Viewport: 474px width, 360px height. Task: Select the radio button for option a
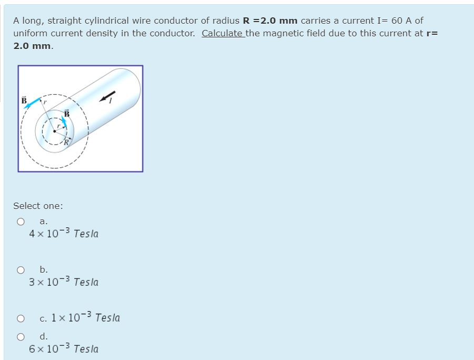point(21,222)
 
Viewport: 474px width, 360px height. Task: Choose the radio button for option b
point(21,270)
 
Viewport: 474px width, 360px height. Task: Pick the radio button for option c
point(21,318)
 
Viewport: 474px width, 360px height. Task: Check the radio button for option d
point(21,336)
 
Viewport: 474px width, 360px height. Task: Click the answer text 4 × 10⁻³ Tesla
point(64,233)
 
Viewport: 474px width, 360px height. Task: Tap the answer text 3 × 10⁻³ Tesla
point(64,282)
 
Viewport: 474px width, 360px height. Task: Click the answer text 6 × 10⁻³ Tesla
point(64,348)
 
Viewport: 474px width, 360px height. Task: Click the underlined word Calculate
point(222,33)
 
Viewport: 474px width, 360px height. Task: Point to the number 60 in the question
point(397,21)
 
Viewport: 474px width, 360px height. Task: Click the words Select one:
point(38,206)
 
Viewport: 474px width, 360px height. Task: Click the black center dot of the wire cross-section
point(54,131)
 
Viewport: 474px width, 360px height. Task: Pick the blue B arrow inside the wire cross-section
point(65,121)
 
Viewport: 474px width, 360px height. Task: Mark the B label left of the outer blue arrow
point(24,99)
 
